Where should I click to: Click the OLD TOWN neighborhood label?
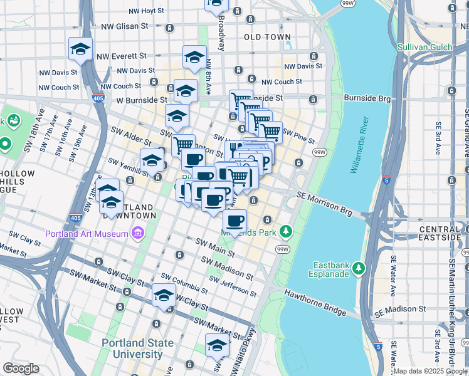click(267, 37)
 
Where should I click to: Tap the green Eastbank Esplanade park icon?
click(359, 268)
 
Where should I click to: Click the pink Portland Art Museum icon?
click(138, 234)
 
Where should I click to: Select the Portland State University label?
click(133, 348)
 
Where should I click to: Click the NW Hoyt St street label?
click(146, 11)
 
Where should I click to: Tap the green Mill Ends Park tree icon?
click(287, 232)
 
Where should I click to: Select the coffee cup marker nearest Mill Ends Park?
click(234, 221)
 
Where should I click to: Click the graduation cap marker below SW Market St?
click(217, 345)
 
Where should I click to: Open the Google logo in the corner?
click(21, 368)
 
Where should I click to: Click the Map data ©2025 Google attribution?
click(430, 371)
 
